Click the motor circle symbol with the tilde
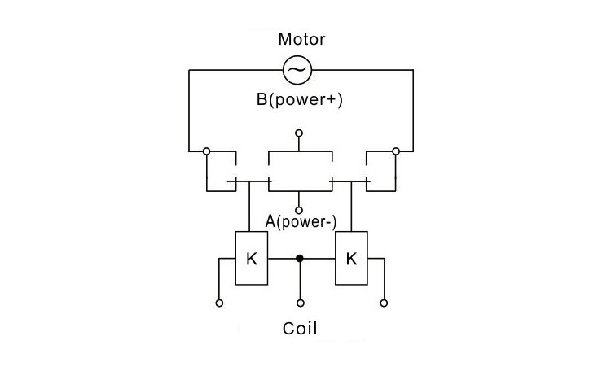pos(297,72)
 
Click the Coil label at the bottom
pos(300,329)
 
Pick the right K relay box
pos(350,259)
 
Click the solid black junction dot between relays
pos(300,259)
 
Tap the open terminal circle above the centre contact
pos(299,133)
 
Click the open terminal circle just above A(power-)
pos(299,210)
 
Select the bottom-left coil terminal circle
pos(219,303)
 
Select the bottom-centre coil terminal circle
pos(300,303)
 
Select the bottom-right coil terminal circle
pos(382,303)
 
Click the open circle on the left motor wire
pos(207,151)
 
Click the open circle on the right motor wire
pos(396,151)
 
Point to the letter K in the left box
pos(251,259)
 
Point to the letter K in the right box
pos(351,259)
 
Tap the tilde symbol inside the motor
pos(297,72)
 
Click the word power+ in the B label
pos(305,102)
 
